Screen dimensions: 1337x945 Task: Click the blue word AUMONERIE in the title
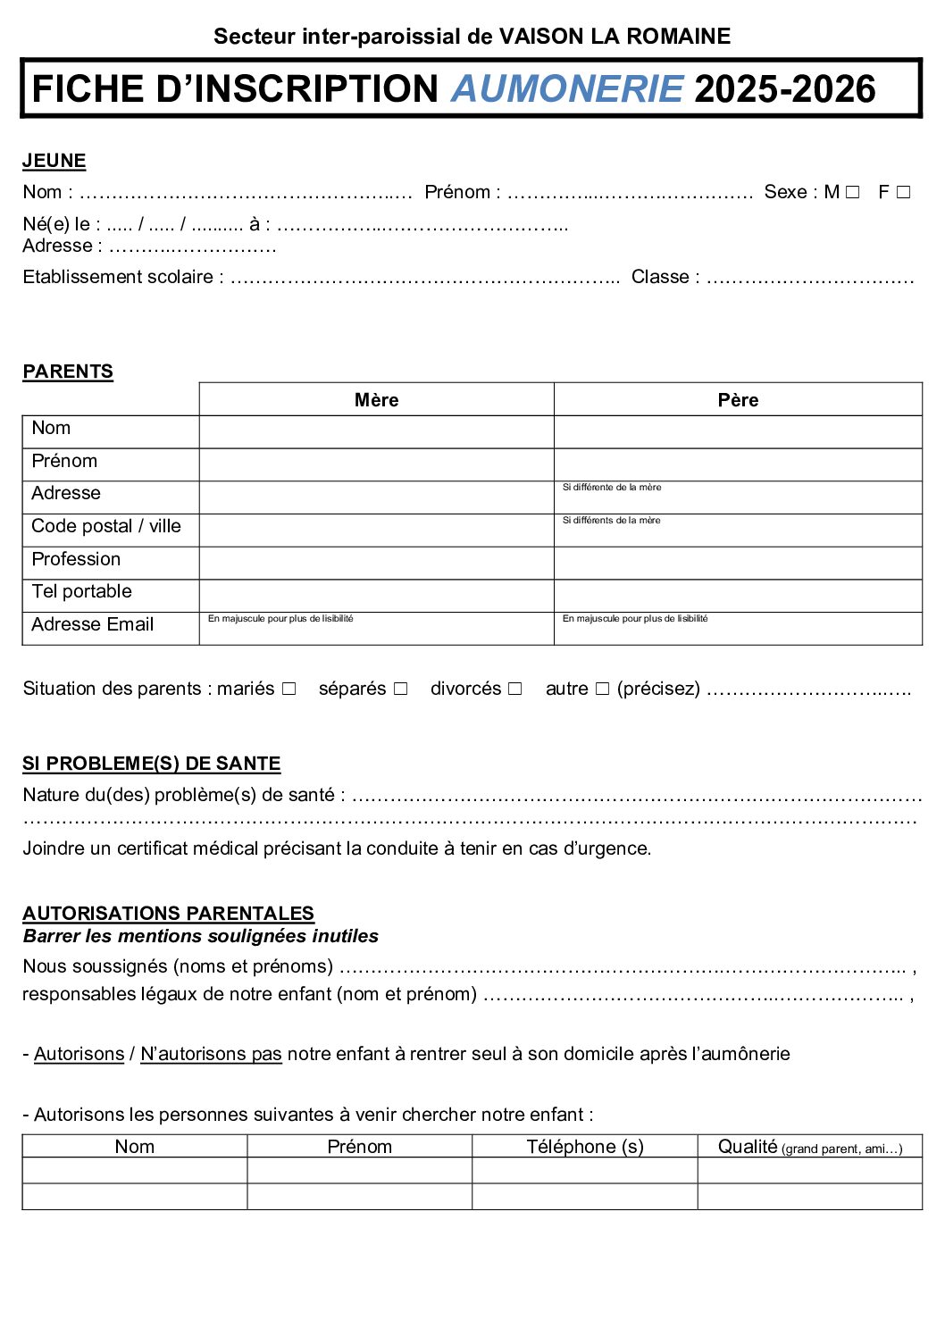(567, 89)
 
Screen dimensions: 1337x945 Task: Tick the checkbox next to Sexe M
(852, 192)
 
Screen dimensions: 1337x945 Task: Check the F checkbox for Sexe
(903, 192)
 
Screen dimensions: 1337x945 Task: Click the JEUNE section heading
(54, 161)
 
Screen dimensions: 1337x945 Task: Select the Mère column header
(376, 400)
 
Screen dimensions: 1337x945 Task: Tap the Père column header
(738, 400)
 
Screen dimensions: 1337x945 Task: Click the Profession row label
(76, 559)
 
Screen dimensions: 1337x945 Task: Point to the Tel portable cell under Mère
(376, 596)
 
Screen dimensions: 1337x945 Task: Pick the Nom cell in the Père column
(738, 432)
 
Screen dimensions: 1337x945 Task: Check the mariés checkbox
(289, 689)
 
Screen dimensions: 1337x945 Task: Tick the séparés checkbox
(400, 689)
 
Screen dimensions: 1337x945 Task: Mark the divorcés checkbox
(514, 689)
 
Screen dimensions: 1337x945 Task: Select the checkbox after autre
(602, 689)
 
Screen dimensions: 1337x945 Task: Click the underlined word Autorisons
(79, 1054)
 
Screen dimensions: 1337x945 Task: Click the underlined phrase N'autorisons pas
(211, 1054)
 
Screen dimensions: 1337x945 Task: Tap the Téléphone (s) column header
(585, 1147)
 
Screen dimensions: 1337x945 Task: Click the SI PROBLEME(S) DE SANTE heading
(152, 764)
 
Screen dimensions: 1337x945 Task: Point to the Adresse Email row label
(93, 624)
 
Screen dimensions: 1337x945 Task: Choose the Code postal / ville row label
(106, 526)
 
